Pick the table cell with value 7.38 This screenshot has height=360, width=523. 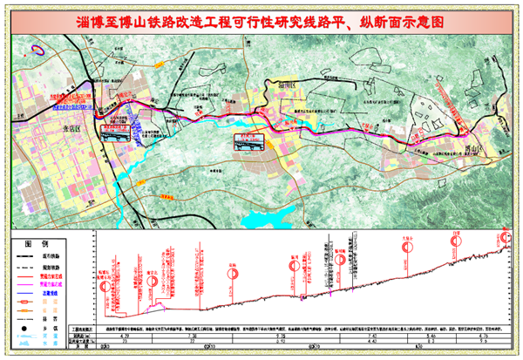click(x=194, y=335)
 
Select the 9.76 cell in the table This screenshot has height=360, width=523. click(x=281, y=335)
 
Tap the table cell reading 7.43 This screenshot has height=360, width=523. click(x=372, y=335)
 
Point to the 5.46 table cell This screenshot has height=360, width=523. click(x=429, y=335)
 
